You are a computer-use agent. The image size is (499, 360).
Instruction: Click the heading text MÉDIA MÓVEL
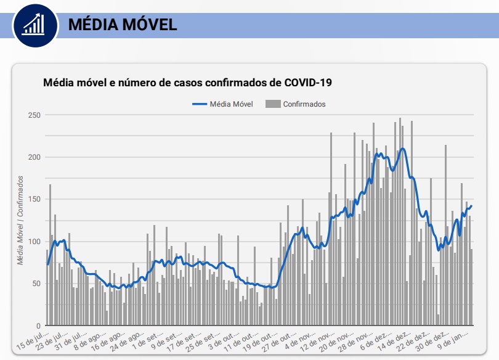(x=122, y=24)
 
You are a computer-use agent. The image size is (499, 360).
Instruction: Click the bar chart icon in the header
(x=33, y=24)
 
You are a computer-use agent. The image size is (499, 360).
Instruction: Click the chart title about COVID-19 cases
(x=187, y=82)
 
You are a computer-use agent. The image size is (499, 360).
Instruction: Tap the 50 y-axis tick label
(x=36, y=284)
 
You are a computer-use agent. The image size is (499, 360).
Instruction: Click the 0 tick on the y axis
(x=38, y=325)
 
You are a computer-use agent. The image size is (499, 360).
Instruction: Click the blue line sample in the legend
(x=200, y=104)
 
